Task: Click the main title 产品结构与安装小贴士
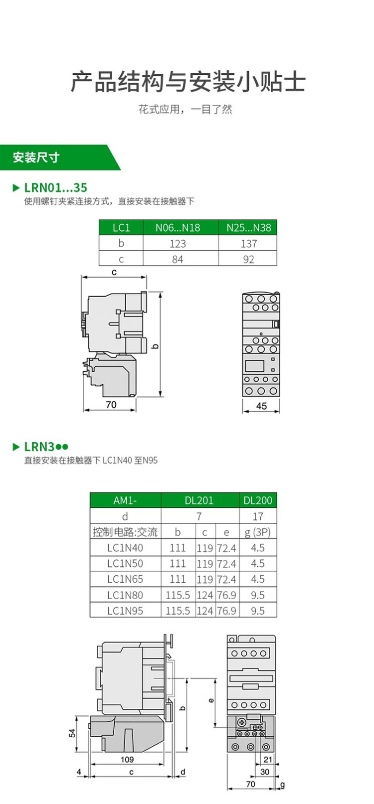187,81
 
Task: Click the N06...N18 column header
178,228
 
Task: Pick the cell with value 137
248,244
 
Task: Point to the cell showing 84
178,259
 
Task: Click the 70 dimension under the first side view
111,405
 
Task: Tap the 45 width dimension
261,406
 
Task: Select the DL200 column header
258,500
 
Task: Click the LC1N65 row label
125,579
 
